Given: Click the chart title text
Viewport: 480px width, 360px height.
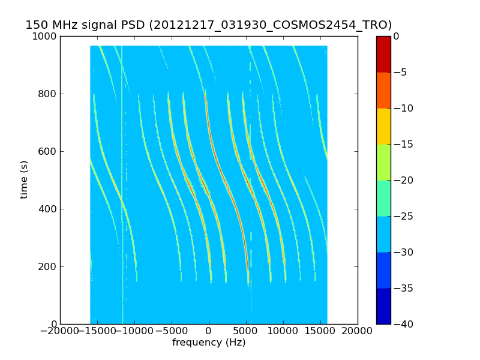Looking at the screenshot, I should tap(208, 25).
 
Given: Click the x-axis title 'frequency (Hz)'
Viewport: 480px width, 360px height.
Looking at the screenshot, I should tap(209, 343).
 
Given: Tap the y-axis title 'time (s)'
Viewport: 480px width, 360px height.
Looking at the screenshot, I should tap(25, 179).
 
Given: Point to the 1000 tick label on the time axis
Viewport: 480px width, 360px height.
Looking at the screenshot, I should tap(45, 36).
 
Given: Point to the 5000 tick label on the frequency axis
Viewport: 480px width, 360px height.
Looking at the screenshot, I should tap(246, 331).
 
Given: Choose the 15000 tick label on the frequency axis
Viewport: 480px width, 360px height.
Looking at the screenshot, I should tap(320, 331).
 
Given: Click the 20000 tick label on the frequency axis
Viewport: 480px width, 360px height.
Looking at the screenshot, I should tap(358, 331).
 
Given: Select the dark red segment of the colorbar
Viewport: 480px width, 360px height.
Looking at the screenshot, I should tap(383, 54).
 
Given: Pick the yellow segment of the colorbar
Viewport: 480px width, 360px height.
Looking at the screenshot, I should tap(383, 126).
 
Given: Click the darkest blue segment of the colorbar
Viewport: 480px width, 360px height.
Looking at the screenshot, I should tap(383, 306).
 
